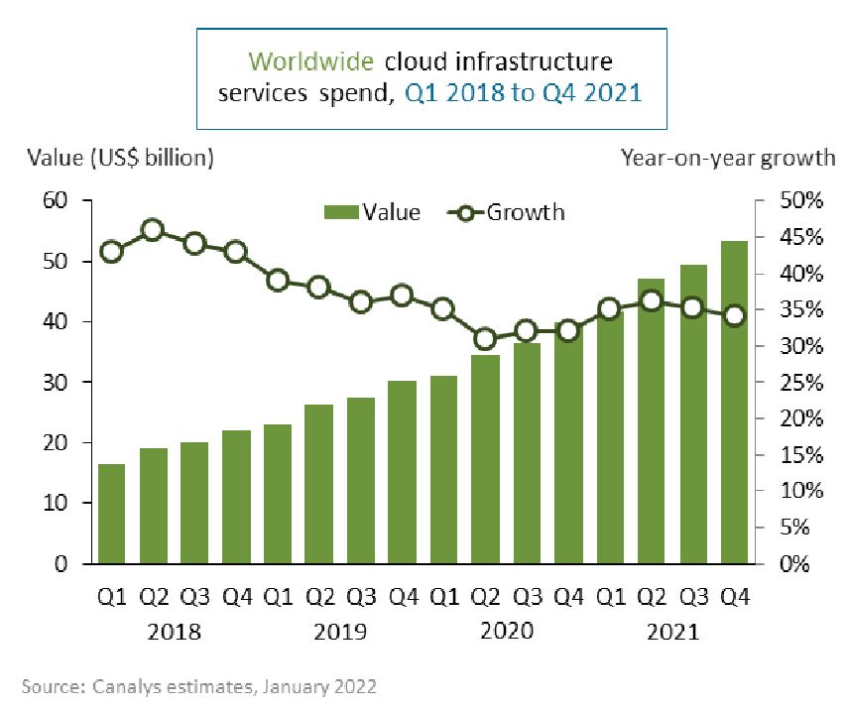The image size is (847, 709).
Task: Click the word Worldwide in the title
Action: click(x=309, y=61)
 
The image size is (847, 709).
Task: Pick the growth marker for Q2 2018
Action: click(x=153, y=231)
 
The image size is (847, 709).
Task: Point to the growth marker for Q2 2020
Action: click(x=485, y=339)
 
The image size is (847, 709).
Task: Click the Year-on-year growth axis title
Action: click(x=728, y=158)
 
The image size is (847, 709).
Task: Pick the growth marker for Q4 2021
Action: click(x=734, y=316)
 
